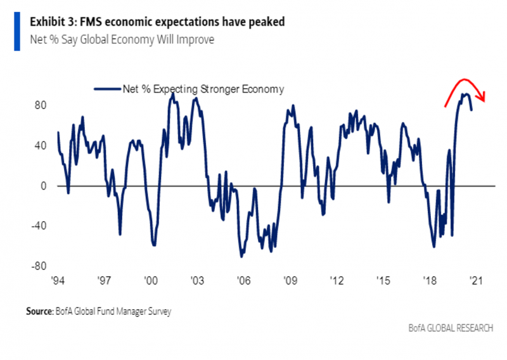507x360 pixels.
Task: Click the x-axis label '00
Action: pos(151,280)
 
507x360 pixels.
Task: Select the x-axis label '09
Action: pos(290,280)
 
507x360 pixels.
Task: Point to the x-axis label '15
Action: pos(382,280)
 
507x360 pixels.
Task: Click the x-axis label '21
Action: pos(475,280)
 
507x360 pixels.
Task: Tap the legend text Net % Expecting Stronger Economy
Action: pos(203,89)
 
